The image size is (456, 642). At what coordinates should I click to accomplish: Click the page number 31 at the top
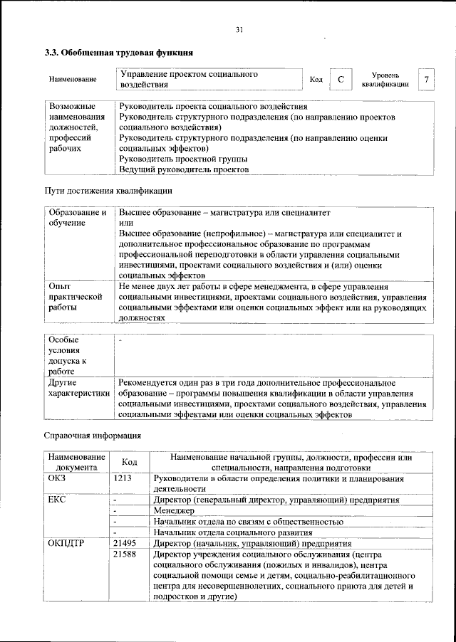(x=239, y=29)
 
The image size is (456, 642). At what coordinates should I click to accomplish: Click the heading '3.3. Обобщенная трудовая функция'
(x=118, y=53)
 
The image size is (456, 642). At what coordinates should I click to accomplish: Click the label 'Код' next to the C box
(x=316, y=80)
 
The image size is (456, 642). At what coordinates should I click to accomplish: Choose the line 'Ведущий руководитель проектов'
(x=183, y=170)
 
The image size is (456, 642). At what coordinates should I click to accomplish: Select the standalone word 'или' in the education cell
(x=125, y=223)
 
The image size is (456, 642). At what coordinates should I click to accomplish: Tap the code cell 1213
(x=122, y=479)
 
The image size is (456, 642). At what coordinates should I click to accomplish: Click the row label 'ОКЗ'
(x=57, y=479)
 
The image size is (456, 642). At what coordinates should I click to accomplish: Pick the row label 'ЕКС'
(x=57, y=500)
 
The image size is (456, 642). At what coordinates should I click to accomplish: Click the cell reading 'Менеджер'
(x=174, y=511)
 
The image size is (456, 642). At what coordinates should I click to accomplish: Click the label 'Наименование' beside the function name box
(x=73, y=79)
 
